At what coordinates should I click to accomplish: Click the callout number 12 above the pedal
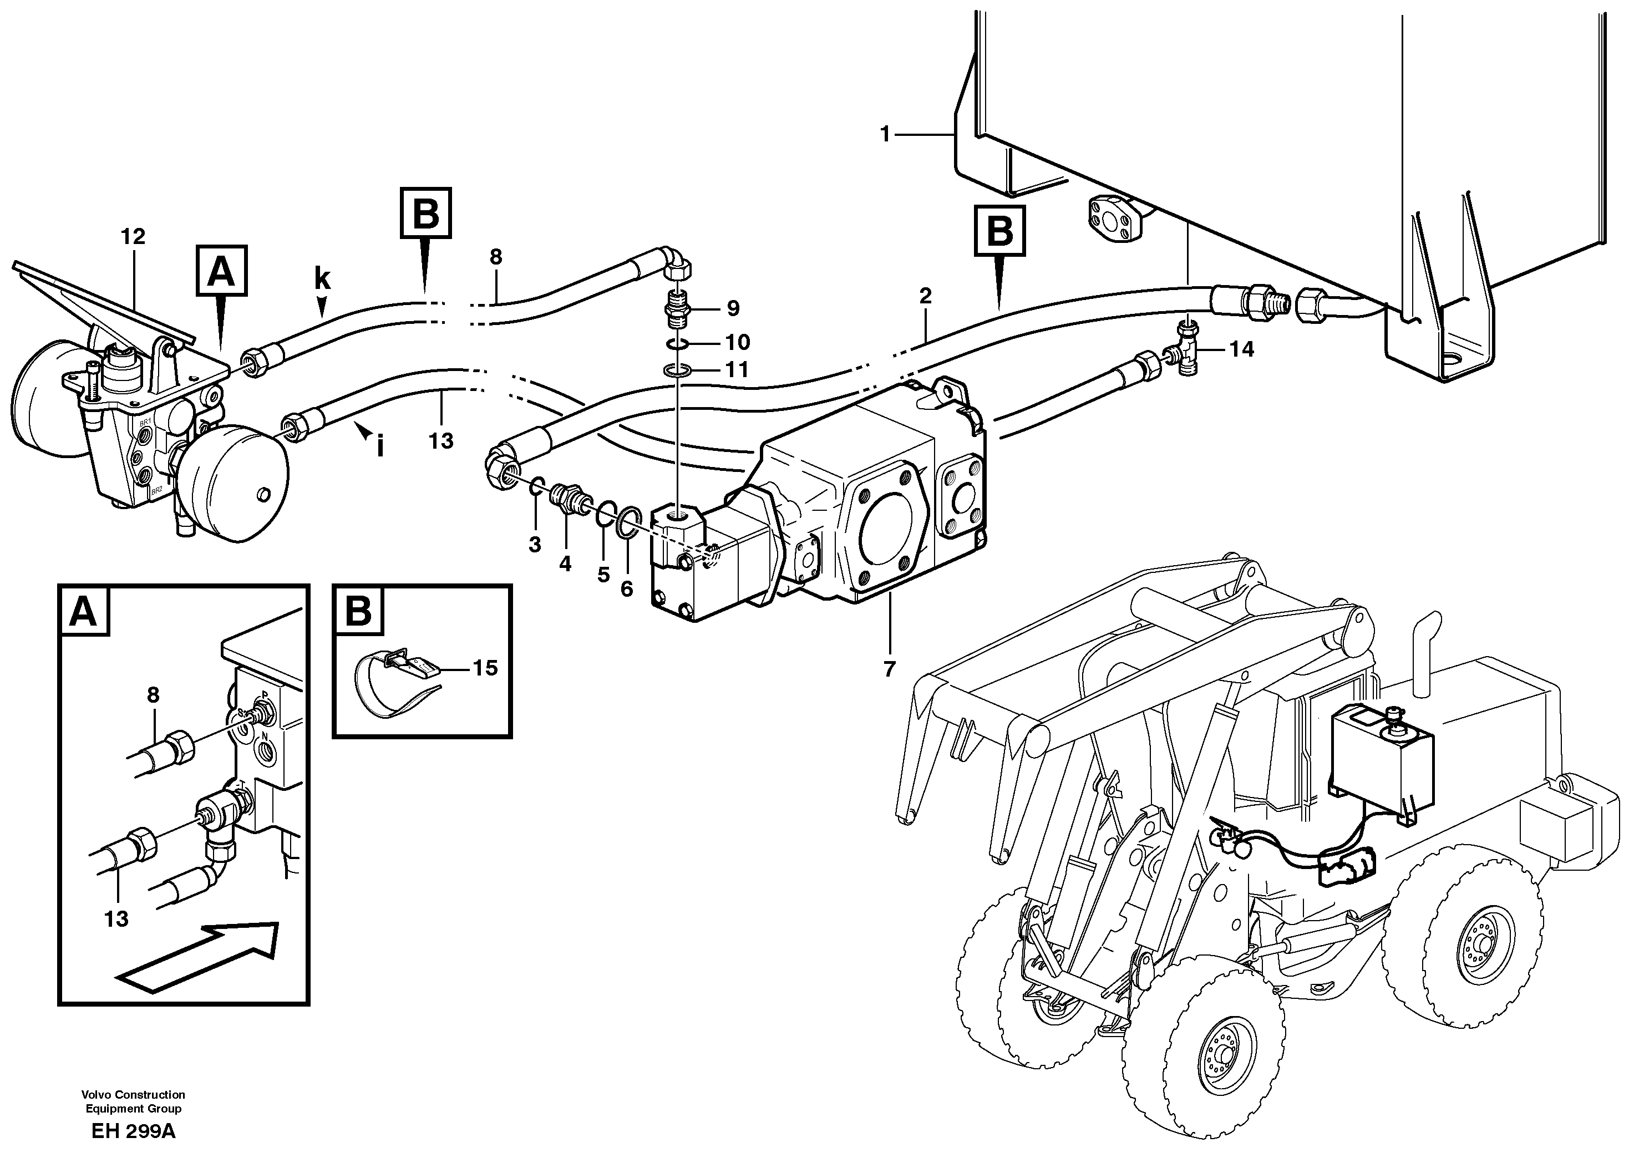pyautogui.click(x=133, y=236)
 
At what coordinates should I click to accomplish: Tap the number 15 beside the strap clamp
pyautogui.click(x=485, y=668)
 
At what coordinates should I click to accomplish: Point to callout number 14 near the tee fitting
pyautogui.click(x=1242, y=349)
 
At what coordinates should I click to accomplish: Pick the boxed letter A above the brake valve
pyautogui.click(x=221, y=271)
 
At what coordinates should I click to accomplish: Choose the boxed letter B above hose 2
pyautogui.click(x=999, y=231)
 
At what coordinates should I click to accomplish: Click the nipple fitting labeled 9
pyautogui.click(x=676, y=307)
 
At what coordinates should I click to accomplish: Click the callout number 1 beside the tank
pyautogui.click(x=885, y=134)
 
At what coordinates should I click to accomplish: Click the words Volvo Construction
pyautogui.click(x=133, y=1094)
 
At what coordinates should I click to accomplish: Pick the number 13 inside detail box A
pyautogui.click(x=116, y=919)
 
